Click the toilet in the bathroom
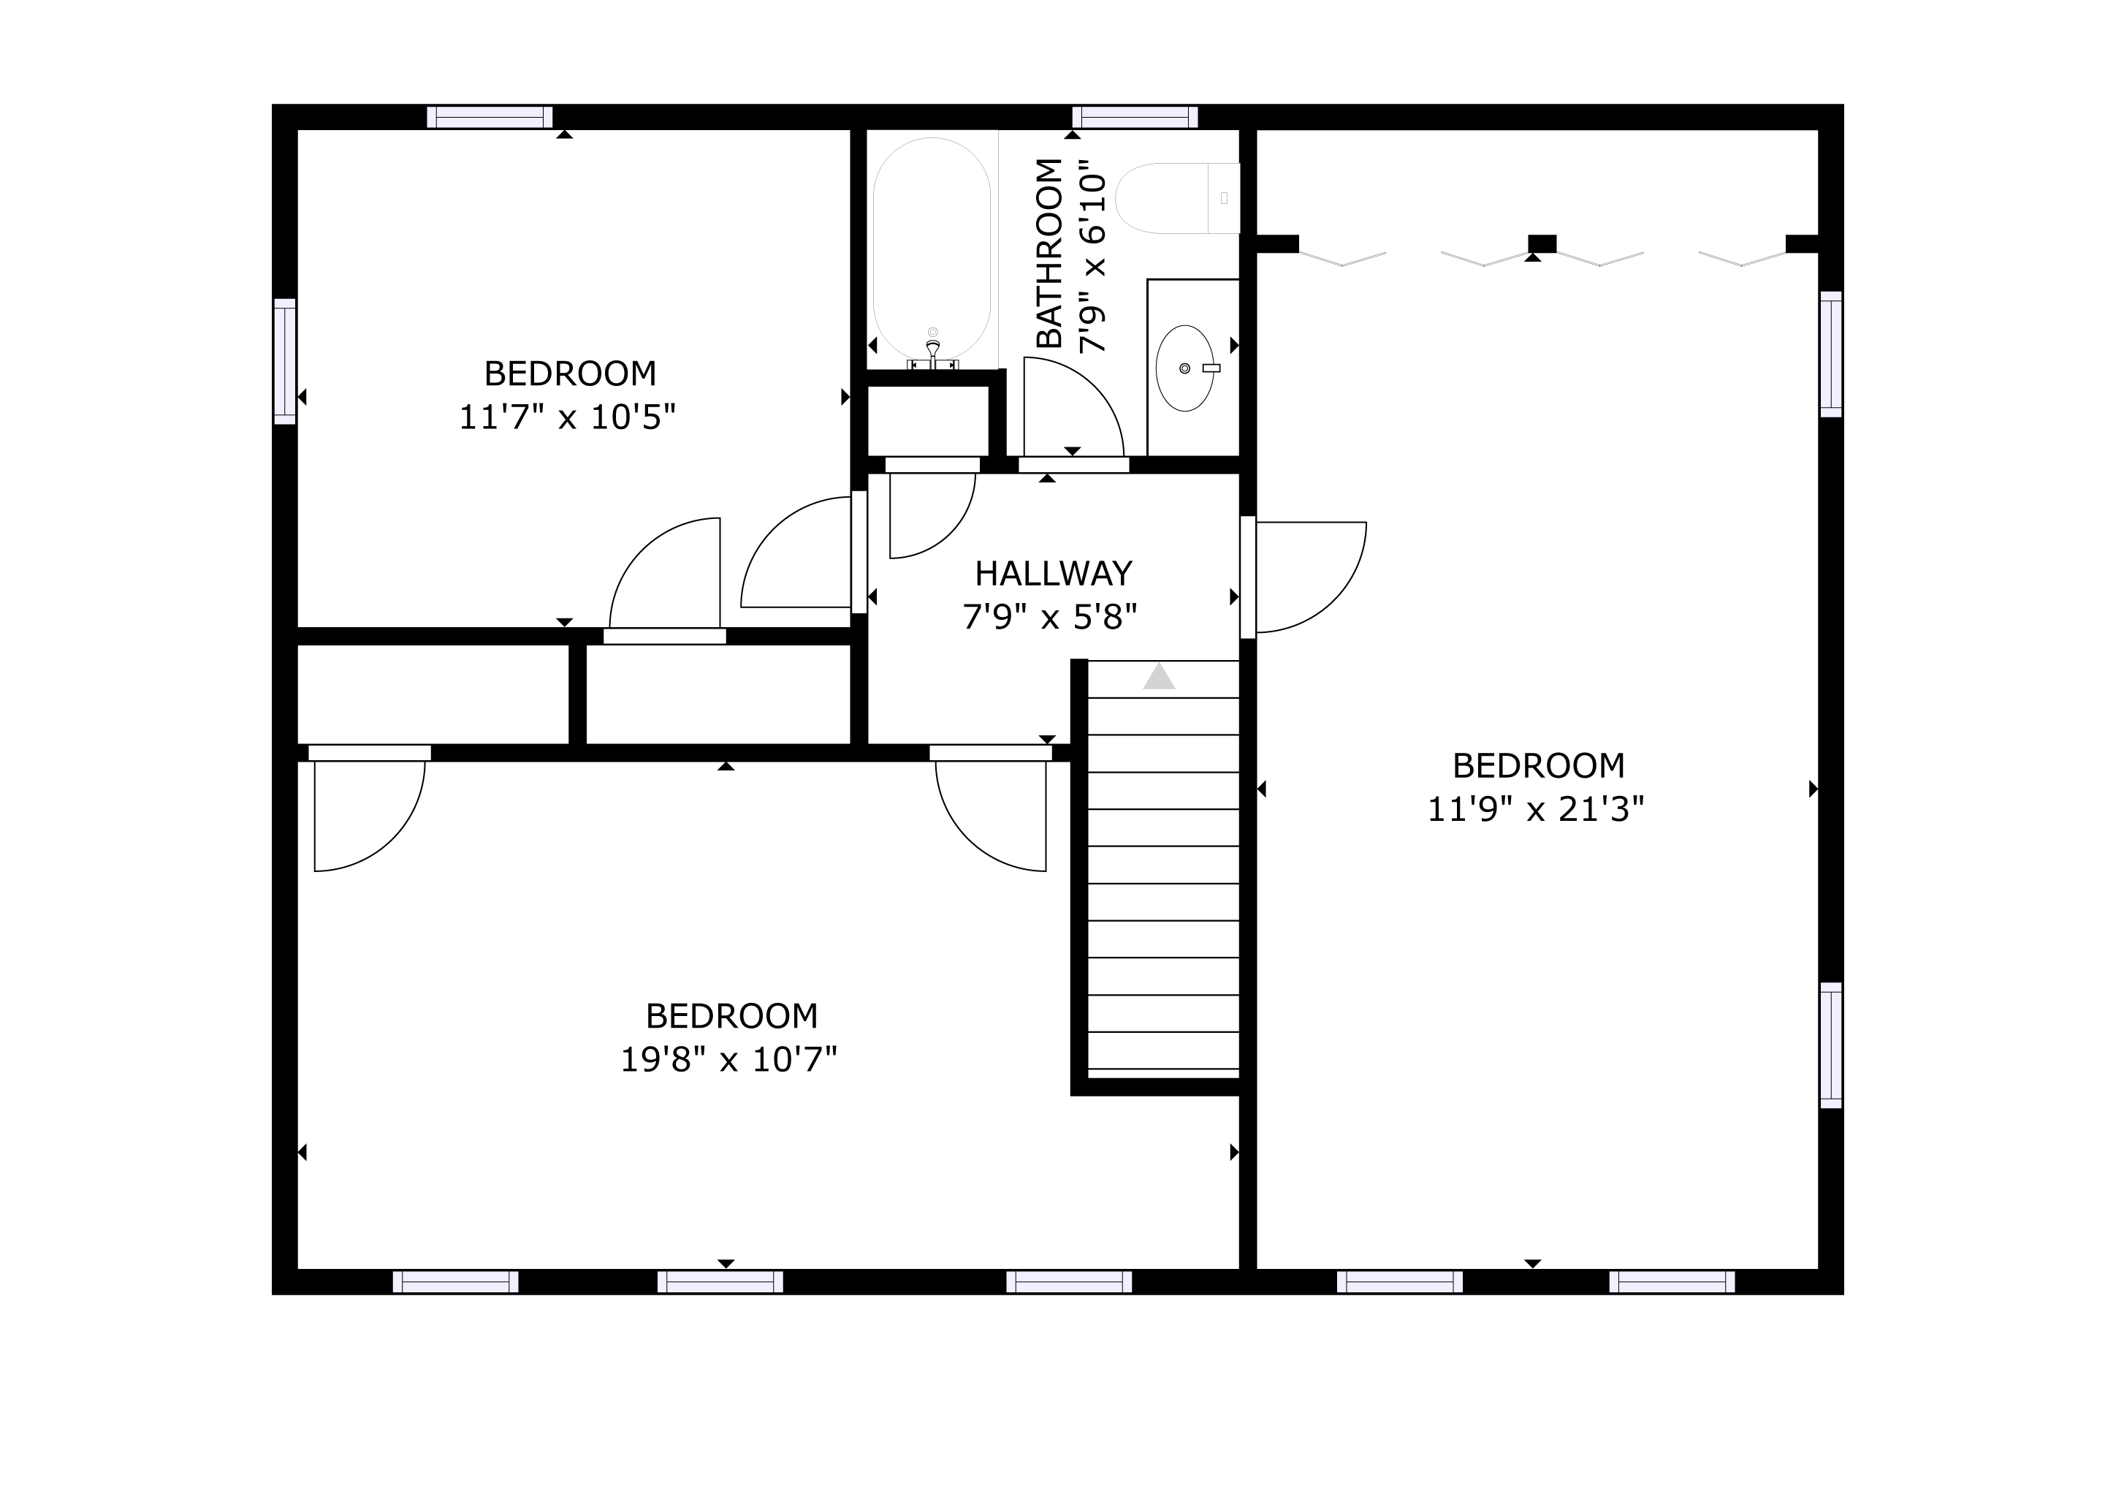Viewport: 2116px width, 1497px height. tap(1177, 198)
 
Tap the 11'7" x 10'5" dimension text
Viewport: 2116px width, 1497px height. tap(568, 417)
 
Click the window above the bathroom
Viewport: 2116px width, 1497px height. tap(1135, 117)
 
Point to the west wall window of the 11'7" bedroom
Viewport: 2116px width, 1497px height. tap(285, 361)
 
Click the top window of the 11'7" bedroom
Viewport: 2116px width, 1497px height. tap(490, 117)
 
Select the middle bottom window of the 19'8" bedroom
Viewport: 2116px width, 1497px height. tap(720, 1282)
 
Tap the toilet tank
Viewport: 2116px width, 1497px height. tap(1224, 198)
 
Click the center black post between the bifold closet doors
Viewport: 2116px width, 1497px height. tap(1542, 244)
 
